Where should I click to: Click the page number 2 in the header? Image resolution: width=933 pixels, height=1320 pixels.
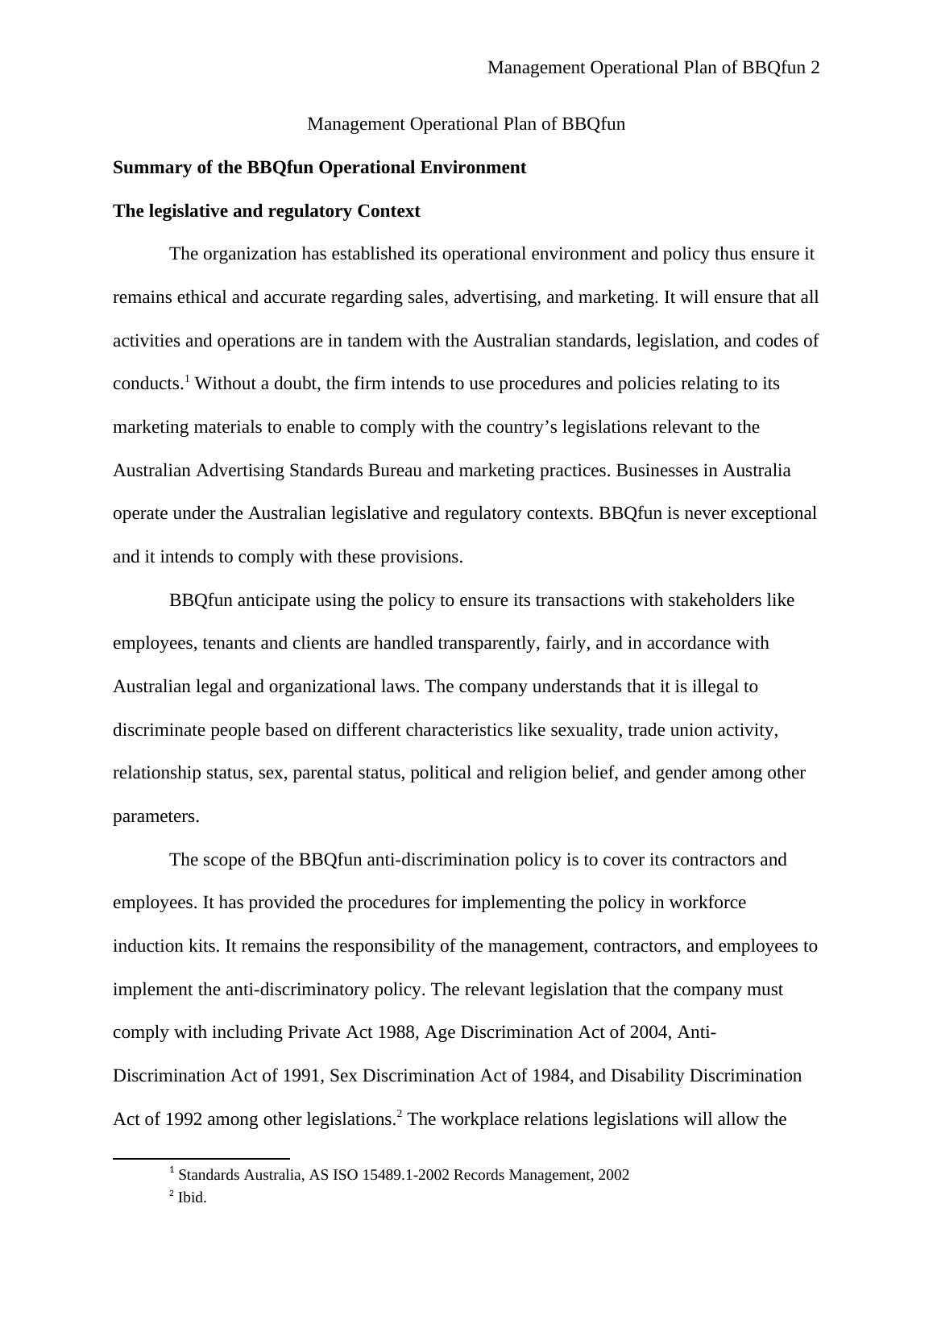click(815, 68)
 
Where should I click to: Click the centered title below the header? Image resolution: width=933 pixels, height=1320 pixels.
click(466, 124)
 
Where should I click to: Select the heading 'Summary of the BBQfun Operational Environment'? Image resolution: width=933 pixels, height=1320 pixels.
click(319, 168)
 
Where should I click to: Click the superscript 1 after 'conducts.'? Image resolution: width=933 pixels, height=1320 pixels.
click(187, 379)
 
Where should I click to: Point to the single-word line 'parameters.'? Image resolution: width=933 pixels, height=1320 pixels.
click(155, 816)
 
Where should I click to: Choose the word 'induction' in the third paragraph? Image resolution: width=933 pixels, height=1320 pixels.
click(147, 946)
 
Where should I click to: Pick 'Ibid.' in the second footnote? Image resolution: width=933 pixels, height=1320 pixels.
click(192, 1198)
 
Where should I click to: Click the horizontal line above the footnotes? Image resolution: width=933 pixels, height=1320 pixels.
click(201, 1159)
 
